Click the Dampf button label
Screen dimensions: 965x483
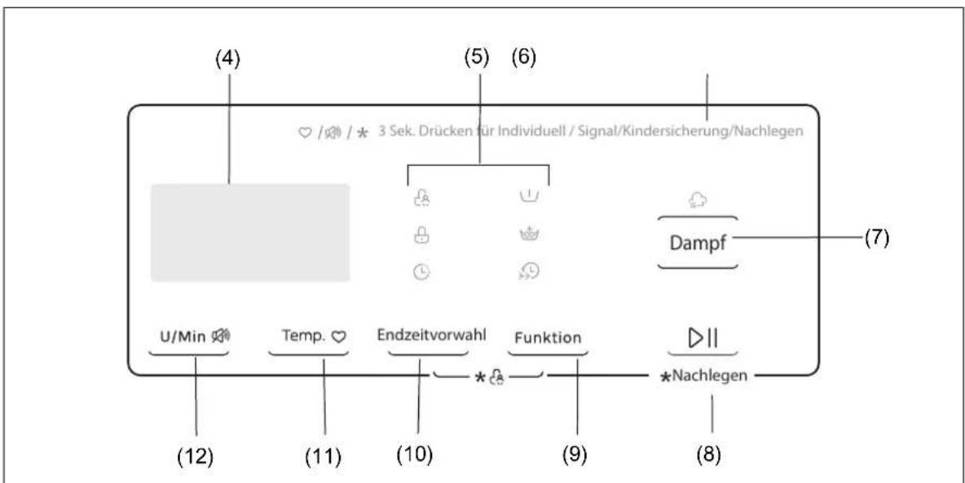click(698, 243)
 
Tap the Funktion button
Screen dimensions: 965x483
click(548, 338)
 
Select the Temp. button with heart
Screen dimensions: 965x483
click(314, 336)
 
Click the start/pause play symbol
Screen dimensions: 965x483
click(703, 338)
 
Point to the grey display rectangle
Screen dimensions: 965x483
click(250, 233)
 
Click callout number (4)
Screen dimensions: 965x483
click(227, 59)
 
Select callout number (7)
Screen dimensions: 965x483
click(876, 238)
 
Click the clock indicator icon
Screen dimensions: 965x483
click(421, 273)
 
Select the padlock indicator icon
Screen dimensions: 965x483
click(421, 235)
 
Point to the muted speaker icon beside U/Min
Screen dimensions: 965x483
click(220, 336)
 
